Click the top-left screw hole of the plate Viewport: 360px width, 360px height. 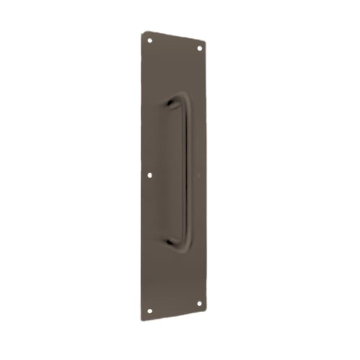150,40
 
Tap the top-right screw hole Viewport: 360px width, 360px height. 199,48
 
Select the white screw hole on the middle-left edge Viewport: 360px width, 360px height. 150,175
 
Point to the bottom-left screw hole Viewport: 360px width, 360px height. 150,310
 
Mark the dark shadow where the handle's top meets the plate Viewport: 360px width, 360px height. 169,103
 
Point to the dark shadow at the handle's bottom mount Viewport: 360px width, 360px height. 170,242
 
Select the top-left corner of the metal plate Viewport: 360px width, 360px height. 143,33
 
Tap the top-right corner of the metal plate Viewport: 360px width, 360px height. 205,43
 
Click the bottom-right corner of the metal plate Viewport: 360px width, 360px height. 205,308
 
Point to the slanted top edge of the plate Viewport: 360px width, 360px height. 174,37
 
